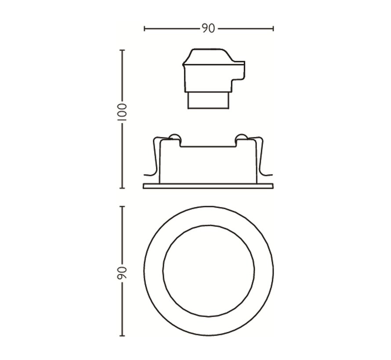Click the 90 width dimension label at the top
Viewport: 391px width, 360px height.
pyautogui.click(x=208, y=29)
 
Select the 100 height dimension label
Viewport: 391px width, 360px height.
pyautogui.click(x=122, y=113)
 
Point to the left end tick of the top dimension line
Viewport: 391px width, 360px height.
pyautogui.click(x=145, y=29)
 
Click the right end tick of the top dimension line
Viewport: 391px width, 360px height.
pyautogui.click(x=273, y=29)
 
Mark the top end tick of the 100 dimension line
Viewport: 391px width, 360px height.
pyautogui.click(x=122, y=50)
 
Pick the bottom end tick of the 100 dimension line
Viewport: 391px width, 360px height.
pyautogui.click(x=122, y=188)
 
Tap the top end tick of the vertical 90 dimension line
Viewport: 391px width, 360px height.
pyautogui.click(x=122, y=206)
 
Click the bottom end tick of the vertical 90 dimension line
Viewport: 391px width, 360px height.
pyautogui.click(x=122, y=336)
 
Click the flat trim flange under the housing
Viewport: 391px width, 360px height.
pyautogui.click(x=208, y=186)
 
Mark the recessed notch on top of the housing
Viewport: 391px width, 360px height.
pyautogui.click(x=208, y=143)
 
